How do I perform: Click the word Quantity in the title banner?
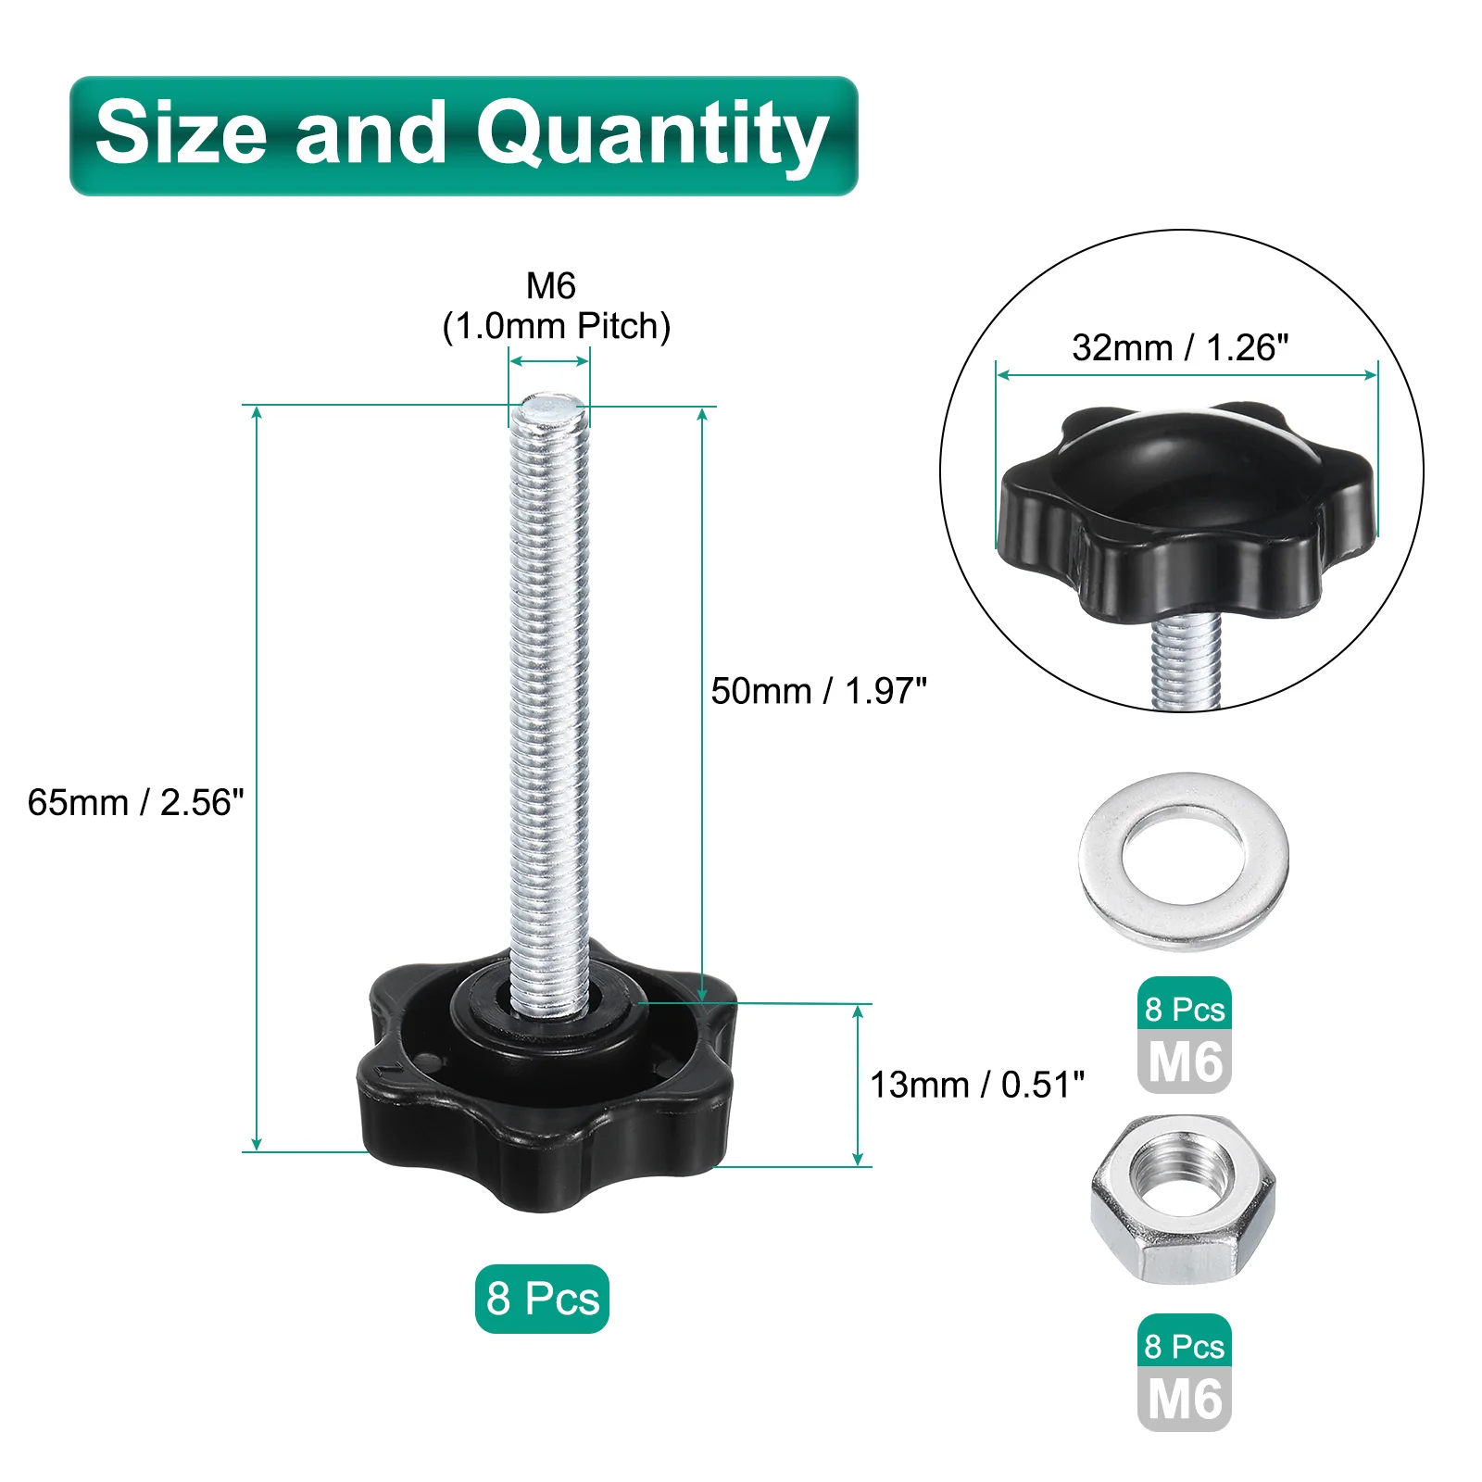point(652,136)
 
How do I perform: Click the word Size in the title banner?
point(182,132)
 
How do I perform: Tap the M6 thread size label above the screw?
point(551,285)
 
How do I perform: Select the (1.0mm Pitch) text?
point(556,326)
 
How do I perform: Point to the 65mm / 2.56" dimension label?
point(135,802)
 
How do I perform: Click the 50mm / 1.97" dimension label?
point(819,691)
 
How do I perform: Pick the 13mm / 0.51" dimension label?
point(977,1085)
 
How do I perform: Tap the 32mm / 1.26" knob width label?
point(1180,347)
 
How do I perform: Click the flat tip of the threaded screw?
point(549,407)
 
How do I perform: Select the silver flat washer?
point(1184,861)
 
